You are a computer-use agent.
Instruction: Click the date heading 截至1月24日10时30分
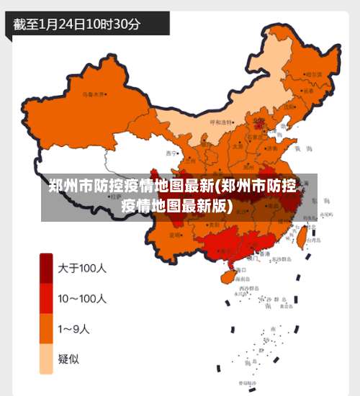(76, 23)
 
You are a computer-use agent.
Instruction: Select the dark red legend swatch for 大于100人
(46, 269)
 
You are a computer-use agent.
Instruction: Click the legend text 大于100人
(82, 269)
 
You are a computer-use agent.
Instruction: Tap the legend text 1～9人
(74, 330)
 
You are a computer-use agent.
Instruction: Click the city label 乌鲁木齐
(94, 94)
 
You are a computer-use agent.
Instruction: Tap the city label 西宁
(171, 153)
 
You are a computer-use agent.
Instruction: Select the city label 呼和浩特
(221, 122)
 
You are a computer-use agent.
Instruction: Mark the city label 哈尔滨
(315, 73)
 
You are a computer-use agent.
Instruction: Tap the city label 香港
(266, 253)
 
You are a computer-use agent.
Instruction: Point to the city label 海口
(240, 269)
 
